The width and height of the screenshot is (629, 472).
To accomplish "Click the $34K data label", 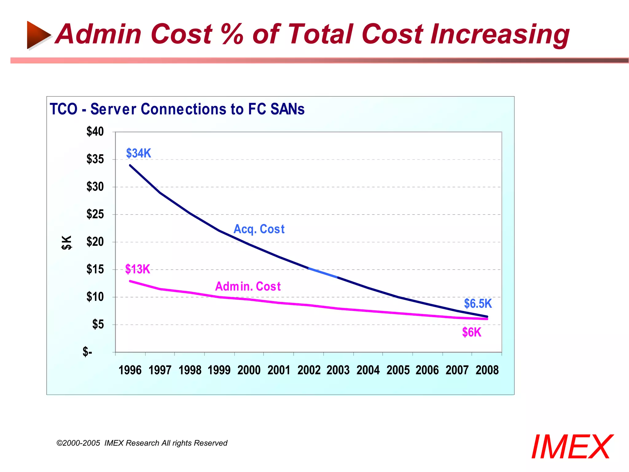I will pos(139,153).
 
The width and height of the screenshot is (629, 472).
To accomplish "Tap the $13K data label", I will pos(138,269).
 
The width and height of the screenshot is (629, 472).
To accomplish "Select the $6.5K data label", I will pos(478,304).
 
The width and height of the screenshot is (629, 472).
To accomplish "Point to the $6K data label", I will pos(471,332).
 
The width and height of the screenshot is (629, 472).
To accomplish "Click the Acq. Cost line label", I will pos(259,229).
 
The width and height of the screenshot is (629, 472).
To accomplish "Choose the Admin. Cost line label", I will pos(248,286).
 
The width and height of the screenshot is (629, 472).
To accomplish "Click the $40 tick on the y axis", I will pos(95,132).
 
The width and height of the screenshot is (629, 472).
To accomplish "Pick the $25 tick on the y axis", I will pos(95,214).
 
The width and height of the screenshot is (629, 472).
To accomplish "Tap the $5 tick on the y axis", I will pos(98,324).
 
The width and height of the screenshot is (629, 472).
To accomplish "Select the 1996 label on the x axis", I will pos(130,370).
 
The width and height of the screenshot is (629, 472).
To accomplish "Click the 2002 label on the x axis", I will pos(309,370).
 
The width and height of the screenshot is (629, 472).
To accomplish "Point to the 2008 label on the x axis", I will pos(487,370).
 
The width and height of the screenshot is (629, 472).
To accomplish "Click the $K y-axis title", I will pos(67,242).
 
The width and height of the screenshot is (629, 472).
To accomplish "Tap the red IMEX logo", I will pos(572,447).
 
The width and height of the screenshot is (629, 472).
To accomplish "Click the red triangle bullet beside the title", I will pos(38,35).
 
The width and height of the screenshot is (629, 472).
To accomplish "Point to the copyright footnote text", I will pos(142,443).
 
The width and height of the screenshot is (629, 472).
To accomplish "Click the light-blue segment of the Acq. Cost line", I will pos(323,273).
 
